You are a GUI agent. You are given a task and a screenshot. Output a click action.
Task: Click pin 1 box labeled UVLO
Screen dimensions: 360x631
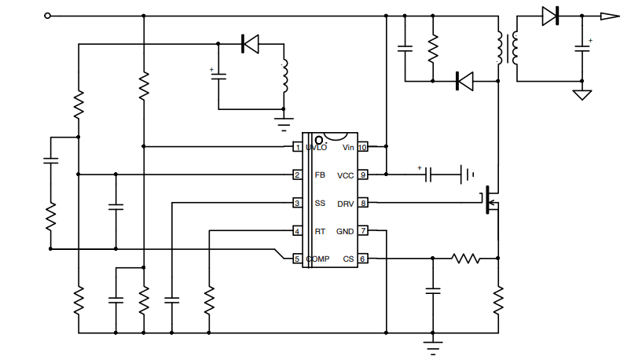tap(297, 147)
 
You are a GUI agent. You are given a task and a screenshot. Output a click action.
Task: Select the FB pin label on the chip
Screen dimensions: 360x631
tap(320, 175)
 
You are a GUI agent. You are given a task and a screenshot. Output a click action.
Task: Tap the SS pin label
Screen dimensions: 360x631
tap(320, 204)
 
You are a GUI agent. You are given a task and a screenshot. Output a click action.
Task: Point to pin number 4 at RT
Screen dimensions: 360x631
tap(297, 231)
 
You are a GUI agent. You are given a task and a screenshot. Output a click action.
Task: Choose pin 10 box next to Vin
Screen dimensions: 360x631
tap(362, 147)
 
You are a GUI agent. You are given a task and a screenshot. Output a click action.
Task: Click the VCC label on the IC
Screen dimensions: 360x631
tap(345, 175)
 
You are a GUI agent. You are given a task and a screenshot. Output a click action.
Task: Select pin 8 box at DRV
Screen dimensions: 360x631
tap(362, 204)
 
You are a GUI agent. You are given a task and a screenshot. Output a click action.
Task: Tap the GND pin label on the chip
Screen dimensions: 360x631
tap(345, 231)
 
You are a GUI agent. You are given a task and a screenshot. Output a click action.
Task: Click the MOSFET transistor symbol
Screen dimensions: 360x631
tap(491, 202)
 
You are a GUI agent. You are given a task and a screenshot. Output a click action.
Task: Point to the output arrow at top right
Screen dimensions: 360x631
tap(610, 16)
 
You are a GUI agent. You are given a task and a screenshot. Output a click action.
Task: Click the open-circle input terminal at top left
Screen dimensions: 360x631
tap(48, 16)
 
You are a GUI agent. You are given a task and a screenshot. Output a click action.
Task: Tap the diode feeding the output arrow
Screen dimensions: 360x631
tap(550, 16)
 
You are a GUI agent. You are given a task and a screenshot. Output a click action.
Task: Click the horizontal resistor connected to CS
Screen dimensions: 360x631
tap(465, 258)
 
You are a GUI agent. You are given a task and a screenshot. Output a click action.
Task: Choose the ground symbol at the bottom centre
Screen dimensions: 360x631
tap(431, 343)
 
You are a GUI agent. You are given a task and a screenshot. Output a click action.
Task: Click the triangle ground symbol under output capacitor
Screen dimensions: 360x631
tap(582, 95)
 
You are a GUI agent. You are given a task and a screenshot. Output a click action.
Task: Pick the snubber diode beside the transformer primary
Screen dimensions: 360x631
tap(464, 80)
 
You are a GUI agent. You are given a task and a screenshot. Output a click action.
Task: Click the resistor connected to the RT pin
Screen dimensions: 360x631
tap(209, 299)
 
